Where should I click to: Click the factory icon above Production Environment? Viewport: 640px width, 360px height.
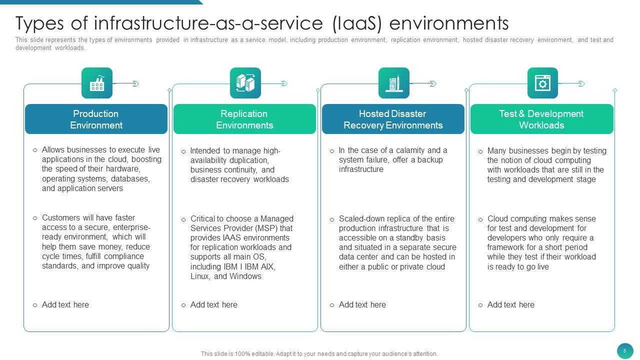point(97,83)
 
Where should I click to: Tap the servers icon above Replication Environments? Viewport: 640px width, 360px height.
point(245,83)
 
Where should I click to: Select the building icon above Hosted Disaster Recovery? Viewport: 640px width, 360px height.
point(394,83)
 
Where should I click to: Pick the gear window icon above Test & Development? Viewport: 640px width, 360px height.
point(542,83)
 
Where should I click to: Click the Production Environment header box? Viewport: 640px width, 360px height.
point(96,119)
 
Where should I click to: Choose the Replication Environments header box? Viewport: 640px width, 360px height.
point(244,119)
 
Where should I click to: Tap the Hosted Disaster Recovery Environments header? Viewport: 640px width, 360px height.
point(393,119)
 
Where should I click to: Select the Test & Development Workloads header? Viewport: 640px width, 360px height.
point(541,119)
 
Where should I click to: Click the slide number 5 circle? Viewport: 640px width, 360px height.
point(624,351)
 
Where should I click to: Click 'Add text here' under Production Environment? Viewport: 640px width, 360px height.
point(65,304)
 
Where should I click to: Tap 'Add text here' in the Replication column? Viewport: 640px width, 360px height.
point(213,304)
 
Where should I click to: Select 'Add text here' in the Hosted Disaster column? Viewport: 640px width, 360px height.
point(362,304)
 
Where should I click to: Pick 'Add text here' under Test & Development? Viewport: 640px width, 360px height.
point(510,304)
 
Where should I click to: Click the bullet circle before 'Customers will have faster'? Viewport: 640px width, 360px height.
point(35,218)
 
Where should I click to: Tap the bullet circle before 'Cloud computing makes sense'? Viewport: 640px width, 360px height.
point(480,219)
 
